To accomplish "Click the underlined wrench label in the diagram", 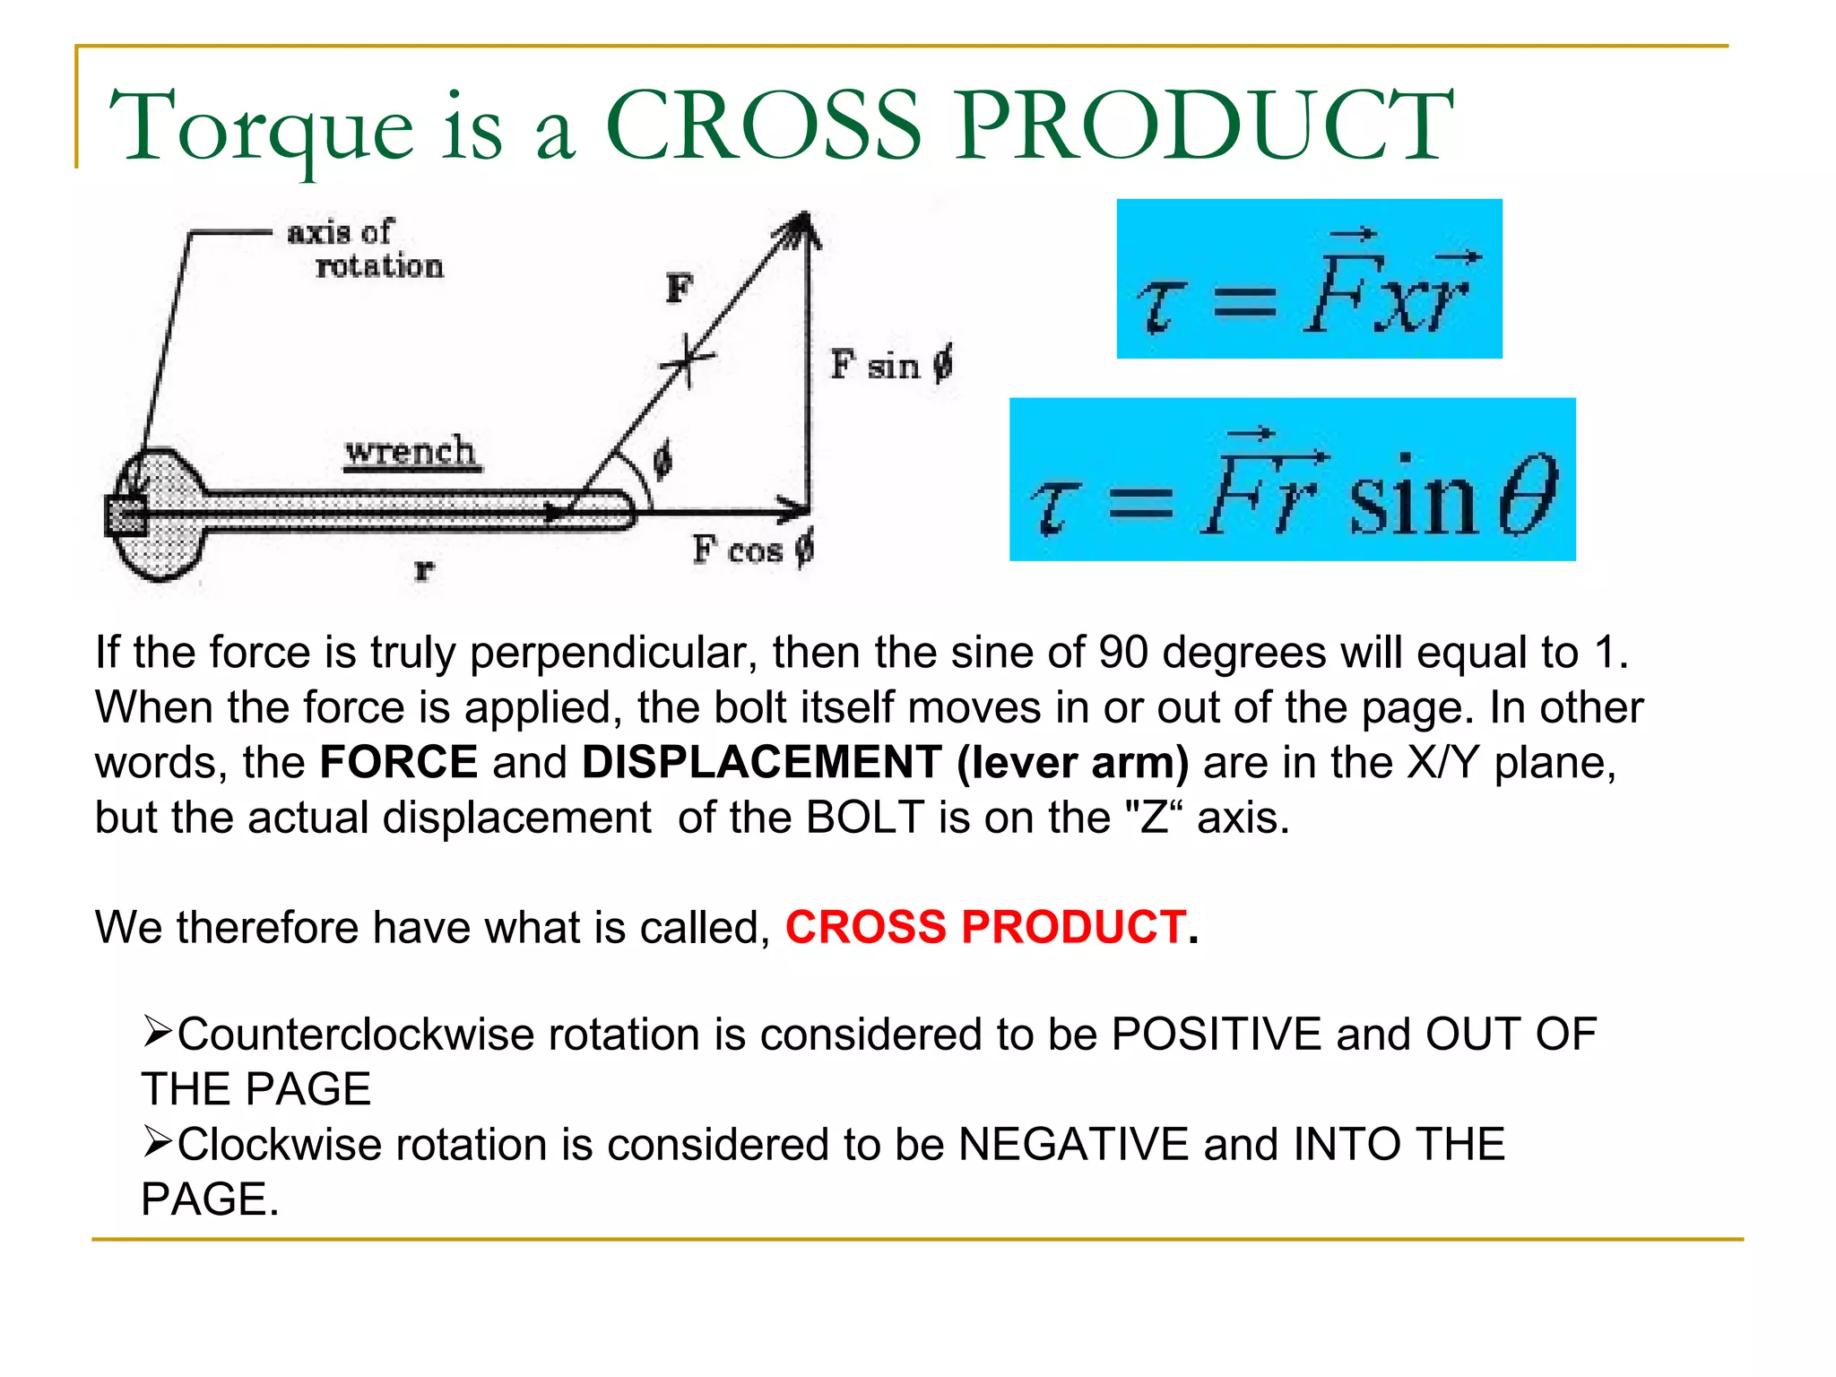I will (x=411, y=451).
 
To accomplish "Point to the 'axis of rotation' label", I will (x=363, y=249).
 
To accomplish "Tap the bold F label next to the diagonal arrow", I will (x=680, y=289).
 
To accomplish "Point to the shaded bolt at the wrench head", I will (x=126, y=515).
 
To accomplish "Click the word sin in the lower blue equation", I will (x=1412, y=498).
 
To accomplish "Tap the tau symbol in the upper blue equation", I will (x=1162, y=305).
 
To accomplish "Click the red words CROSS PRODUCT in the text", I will (x=986, y=927).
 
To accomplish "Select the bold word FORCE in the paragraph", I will (x=399, y=762).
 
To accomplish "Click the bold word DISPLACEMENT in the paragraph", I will (x=762, y=762).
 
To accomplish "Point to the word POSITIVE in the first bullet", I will (x=1216, y=1035).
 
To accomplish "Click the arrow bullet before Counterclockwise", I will (x=157, y=1032).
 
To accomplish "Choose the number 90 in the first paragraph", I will (x=1122, y=653).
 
